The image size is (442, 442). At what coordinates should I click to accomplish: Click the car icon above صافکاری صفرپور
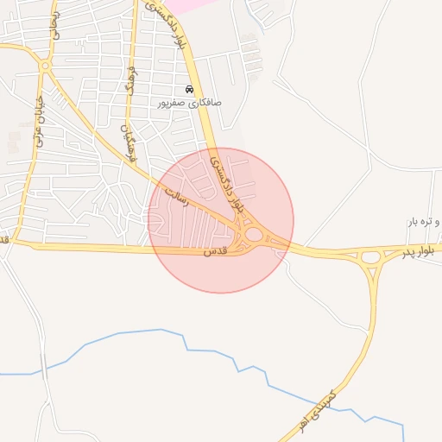coord(190,90)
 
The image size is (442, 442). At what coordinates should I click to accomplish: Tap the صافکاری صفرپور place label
coord(189,103)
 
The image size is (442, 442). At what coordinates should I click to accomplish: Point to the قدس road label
coord(214,252)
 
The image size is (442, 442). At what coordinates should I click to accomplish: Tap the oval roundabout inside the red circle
coord(254,235)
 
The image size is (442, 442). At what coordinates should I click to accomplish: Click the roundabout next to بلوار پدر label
coord(371,256)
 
